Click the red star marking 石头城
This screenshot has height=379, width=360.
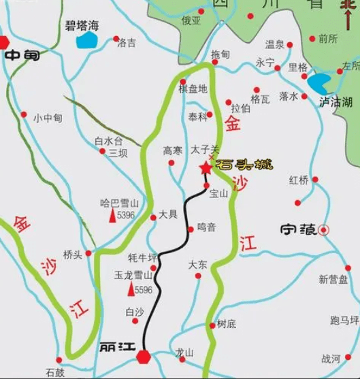(205, 168)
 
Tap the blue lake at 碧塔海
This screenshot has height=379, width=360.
(87, 40)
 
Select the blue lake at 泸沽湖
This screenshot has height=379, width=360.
(318, 84)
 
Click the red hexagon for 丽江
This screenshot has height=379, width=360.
(144, 356)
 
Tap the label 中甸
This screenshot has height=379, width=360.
(22, 56)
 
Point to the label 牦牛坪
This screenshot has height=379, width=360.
(142, 258)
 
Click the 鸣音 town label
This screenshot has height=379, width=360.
(206, 228)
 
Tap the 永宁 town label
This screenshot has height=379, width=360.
(265, 63)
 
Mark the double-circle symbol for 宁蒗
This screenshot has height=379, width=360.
(325, 230)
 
